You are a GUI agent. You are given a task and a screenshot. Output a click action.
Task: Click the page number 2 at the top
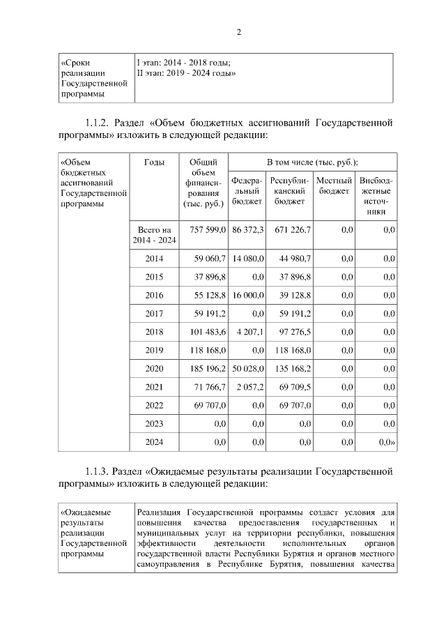(x=238, y=32)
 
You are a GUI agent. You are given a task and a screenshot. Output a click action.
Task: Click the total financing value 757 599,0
(x=203, y=229)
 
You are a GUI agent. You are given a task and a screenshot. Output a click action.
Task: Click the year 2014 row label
(x=154, y=259)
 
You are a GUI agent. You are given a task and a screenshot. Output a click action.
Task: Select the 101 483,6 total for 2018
(x=203, y=332)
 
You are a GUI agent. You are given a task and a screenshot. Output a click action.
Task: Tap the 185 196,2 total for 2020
(x=203, y=369)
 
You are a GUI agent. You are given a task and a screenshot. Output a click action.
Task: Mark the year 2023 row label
(x=154, y=423)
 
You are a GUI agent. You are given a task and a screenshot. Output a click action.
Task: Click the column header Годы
(x=154, y=162)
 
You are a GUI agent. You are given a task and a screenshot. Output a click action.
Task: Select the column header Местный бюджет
(x=334, y=186)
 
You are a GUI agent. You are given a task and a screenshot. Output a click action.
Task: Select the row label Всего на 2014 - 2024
(x=154, y=235)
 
